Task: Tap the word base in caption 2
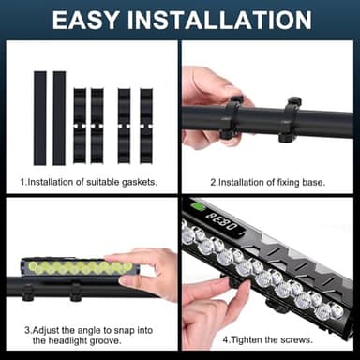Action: [x=318, y=180]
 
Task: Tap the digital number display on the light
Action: [x=221, y=218]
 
